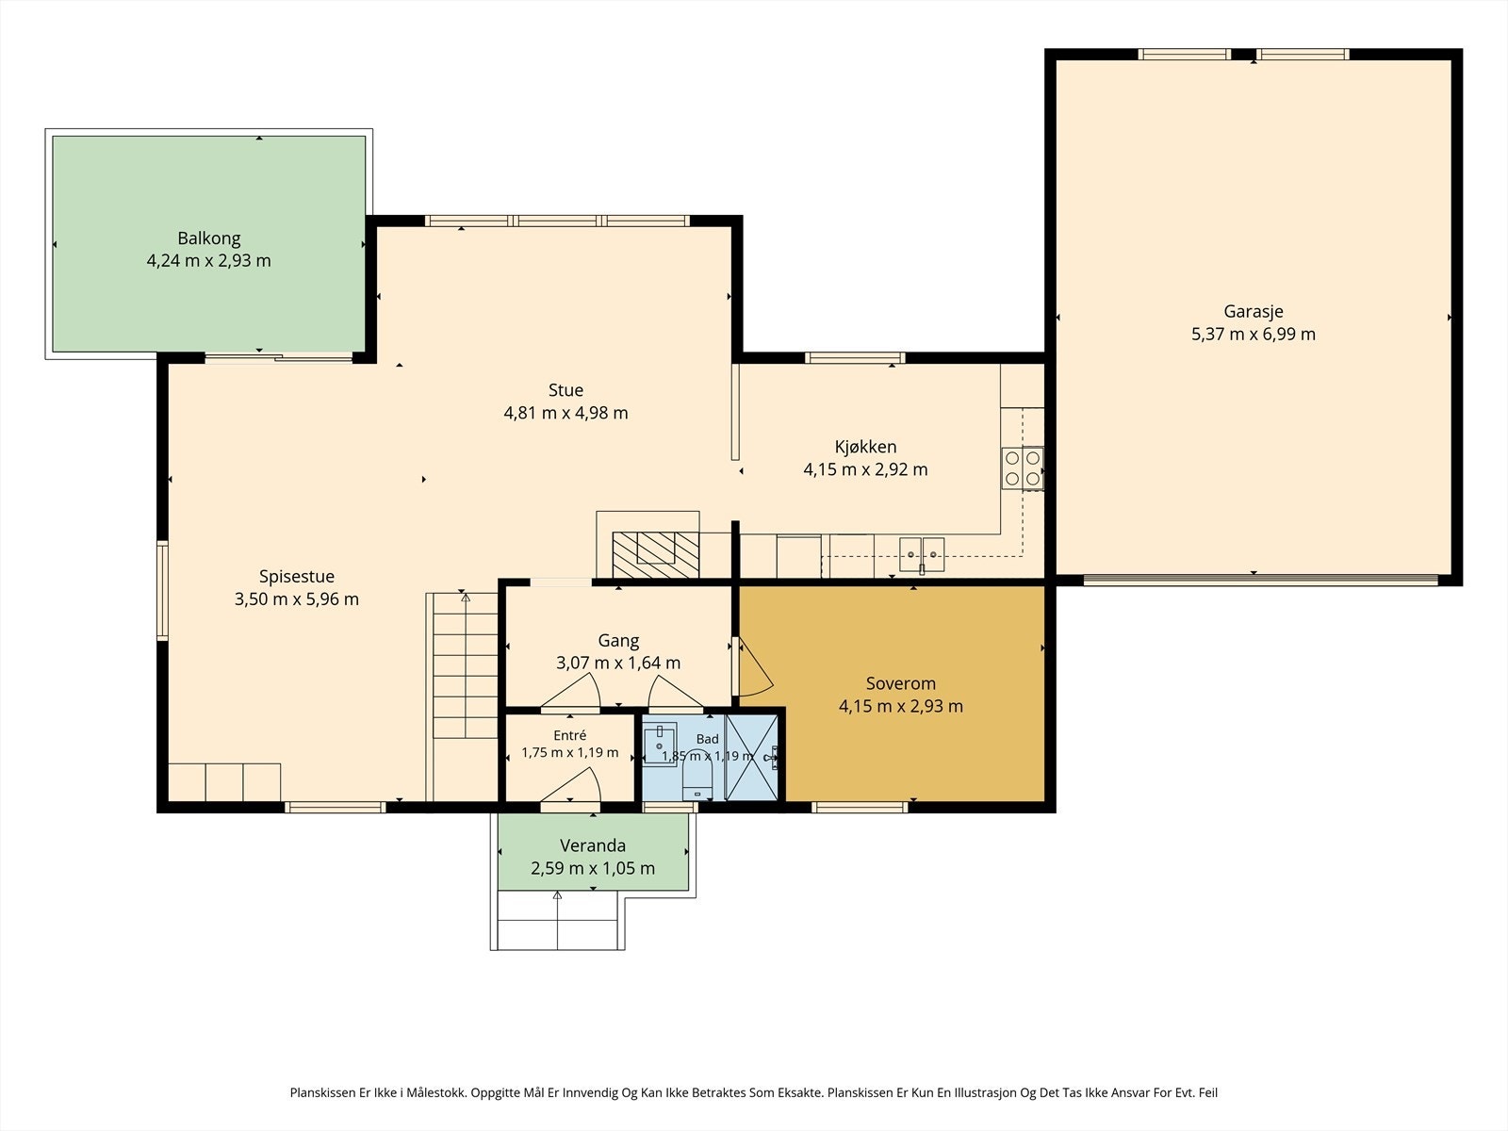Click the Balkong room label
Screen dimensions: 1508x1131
(x=209, y=238)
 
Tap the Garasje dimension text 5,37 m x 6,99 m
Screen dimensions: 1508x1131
(x=1254, y=335)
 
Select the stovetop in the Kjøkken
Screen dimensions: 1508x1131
(x=1023, y=468)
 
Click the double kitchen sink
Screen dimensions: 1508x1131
(x=922, y=555)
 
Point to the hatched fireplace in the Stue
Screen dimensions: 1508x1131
(x=655, y=554)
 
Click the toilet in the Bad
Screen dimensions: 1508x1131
(x=697, y=783)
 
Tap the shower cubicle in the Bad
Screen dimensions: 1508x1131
(x=751, y=758)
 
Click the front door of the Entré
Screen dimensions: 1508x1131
(x=571, y=786)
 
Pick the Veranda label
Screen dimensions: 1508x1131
(x=592, y=845)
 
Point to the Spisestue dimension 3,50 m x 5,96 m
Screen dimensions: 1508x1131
(x=297, y=599)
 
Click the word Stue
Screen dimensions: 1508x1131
(x=565, y=390)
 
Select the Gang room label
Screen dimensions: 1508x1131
(x=618, y=641)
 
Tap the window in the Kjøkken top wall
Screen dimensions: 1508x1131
(x=855, y=358)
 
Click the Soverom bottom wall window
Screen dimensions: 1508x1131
(x=860, y=808)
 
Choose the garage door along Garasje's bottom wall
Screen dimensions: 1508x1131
(x=1261, y=581)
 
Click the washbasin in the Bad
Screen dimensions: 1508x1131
(x=660, y=745)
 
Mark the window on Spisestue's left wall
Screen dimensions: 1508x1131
(x=163, y=591)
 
